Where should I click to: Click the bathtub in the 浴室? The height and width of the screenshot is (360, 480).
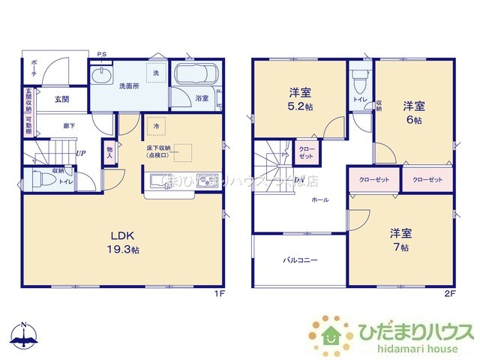196,76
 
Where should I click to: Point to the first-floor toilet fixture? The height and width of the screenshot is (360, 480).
46,179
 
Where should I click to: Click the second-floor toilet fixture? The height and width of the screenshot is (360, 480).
360,78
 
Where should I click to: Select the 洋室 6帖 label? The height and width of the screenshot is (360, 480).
415,112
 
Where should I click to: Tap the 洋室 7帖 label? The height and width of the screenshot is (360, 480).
399,239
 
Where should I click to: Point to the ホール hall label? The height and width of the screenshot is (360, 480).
319,200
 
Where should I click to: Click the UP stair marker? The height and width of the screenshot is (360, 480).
79,153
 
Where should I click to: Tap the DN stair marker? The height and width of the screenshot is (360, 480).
298,180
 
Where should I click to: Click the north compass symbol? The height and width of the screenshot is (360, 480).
24,335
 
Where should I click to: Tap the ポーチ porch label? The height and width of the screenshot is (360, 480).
34,73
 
